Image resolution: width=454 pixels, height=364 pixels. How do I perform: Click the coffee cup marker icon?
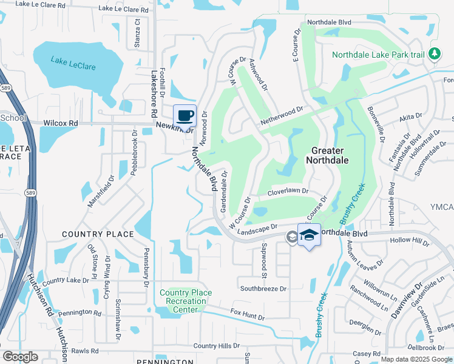pyautogui.click(x=185, y=115)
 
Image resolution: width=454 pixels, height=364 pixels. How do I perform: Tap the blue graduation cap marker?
pyautogui.click(x=309, y=235)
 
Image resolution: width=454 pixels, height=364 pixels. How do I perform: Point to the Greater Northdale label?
pyautogui.click(x=330, y=155)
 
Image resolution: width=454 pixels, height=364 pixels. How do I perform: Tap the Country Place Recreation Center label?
pyautogui.click(x=186, y=301)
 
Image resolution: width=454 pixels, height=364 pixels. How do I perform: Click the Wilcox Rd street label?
pyautogui.click(x=61, y=123)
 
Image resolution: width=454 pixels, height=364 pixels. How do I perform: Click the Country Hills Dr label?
pyautogui.click(x=217, y=346)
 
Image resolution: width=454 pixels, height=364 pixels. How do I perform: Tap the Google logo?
pyautogui.click(x=19, y=357)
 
